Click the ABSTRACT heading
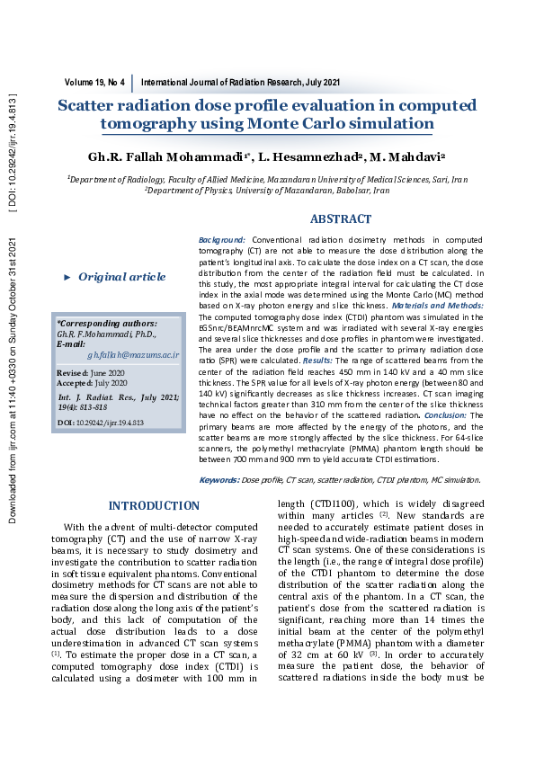[340, 219]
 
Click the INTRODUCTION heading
[154, 506]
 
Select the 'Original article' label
[121, 277]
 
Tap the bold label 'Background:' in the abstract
[221, 241]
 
